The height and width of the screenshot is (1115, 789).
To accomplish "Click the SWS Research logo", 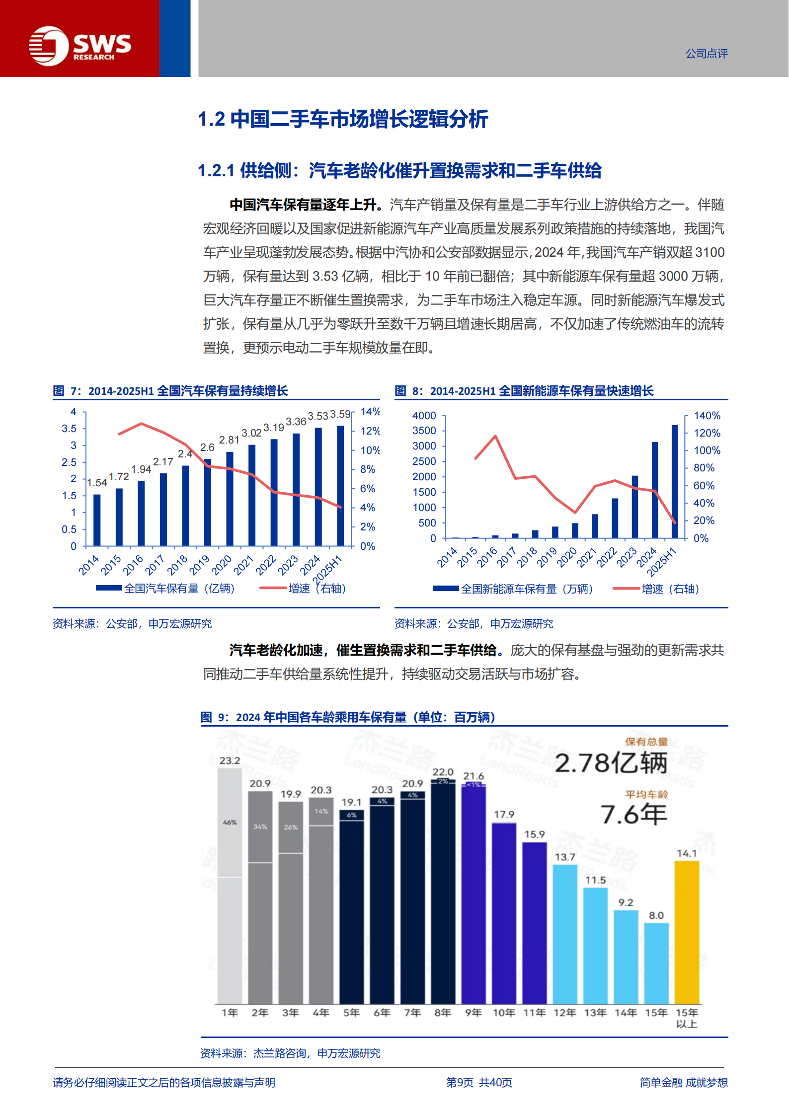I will click(79, 46).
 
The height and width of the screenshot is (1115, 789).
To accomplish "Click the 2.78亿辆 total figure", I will click(611, 763).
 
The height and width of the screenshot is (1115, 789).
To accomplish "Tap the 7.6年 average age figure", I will click(633, 815).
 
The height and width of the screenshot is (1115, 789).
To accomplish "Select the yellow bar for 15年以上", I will click(687, 932).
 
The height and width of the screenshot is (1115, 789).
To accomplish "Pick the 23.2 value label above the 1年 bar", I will click(230, 760).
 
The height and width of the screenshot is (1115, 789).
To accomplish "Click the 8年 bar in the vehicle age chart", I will click(443, 892).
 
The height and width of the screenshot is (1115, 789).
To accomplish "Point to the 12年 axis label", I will click(565, 1013).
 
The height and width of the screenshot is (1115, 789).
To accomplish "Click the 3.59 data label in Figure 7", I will click(340, 414).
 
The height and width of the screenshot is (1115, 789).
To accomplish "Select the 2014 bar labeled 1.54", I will click(97, 520).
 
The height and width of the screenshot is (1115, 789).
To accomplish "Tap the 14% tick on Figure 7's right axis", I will click(370, 412).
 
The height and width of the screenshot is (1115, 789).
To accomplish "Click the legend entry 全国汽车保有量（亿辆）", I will click(165, 589).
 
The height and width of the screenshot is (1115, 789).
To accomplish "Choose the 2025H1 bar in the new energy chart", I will click(675, 481).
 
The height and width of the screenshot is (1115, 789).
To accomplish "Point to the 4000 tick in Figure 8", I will click(424, 415).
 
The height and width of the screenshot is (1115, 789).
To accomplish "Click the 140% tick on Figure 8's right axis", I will click(707, 415).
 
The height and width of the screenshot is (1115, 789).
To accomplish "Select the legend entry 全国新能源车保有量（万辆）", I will click(513, 589).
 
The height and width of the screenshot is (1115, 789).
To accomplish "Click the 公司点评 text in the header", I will click(707, 54).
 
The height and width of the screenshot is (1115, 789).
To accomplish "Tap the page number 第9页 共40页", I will click(479, 1083).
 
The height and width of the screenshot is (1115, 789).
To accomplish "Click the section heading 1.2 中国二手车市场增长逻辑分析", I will click(343, 119).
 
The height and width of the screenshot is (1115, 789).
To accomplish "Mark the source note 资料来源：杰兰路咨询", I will click(290, 1053).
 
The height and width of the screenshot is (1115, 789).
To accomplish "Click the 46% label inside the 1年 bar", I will click(230, 822).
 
